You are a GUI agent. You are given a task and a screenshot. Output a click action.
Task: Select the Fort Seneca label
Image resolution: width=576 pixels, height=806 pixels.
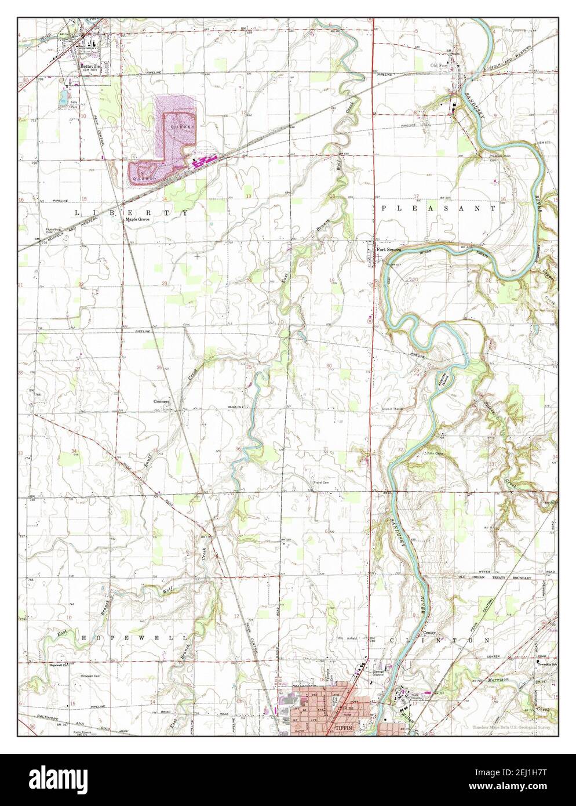click(x=389, y=250)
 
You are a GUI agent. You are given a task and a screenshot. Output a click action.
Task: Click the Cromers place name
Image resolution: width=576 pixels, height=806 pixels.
click(x=161, y=401)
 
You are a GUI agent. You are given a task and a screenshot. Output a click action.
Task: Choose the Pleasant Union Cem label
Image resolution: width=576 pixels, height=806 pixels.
click(x=494, y=157)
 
